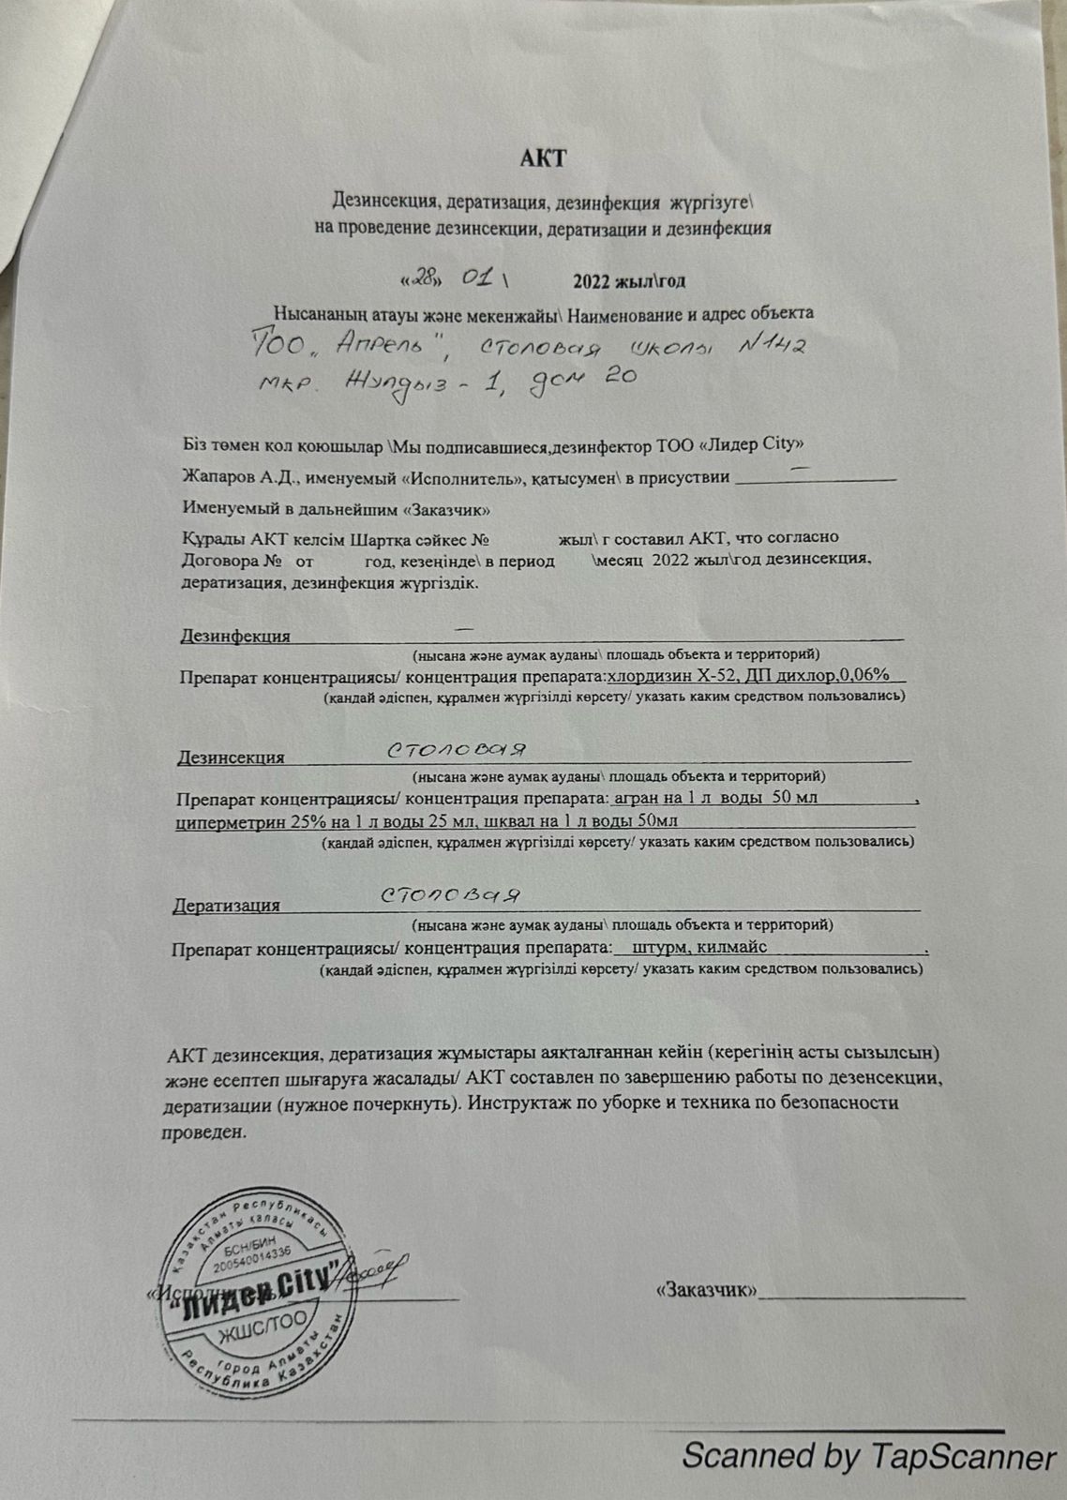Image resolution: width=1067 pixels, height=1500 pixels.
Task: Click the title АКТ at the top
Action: click(x=543, y=157)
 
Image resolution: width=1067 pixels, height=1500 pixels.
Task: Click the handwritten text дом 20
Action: click(x=585, y=380)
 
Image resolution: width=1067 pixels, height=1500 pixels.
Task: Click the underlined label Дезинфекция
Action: click(x=235, y=636)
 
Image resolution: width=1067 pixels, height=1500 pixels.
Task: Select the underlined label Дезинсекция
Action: click(x=231, y=757)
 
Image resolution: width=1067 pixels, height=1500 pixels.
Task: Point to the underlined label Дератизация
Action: click(x=226, y=905)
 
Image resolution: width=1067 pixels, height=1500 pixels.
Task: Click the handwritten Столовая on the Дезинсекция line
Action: click(x=456, y=750)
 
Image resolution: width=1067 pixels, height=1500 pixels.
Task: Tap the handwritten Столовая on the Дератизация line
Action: click(x=451, y=895)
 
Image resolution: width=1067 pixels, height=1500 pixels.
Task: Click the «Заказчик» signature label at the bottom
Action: click(x=707, y=1289)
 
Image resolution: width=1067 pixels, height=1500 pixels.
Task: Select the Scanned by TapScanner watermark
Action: click(x=868, y=1457)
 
